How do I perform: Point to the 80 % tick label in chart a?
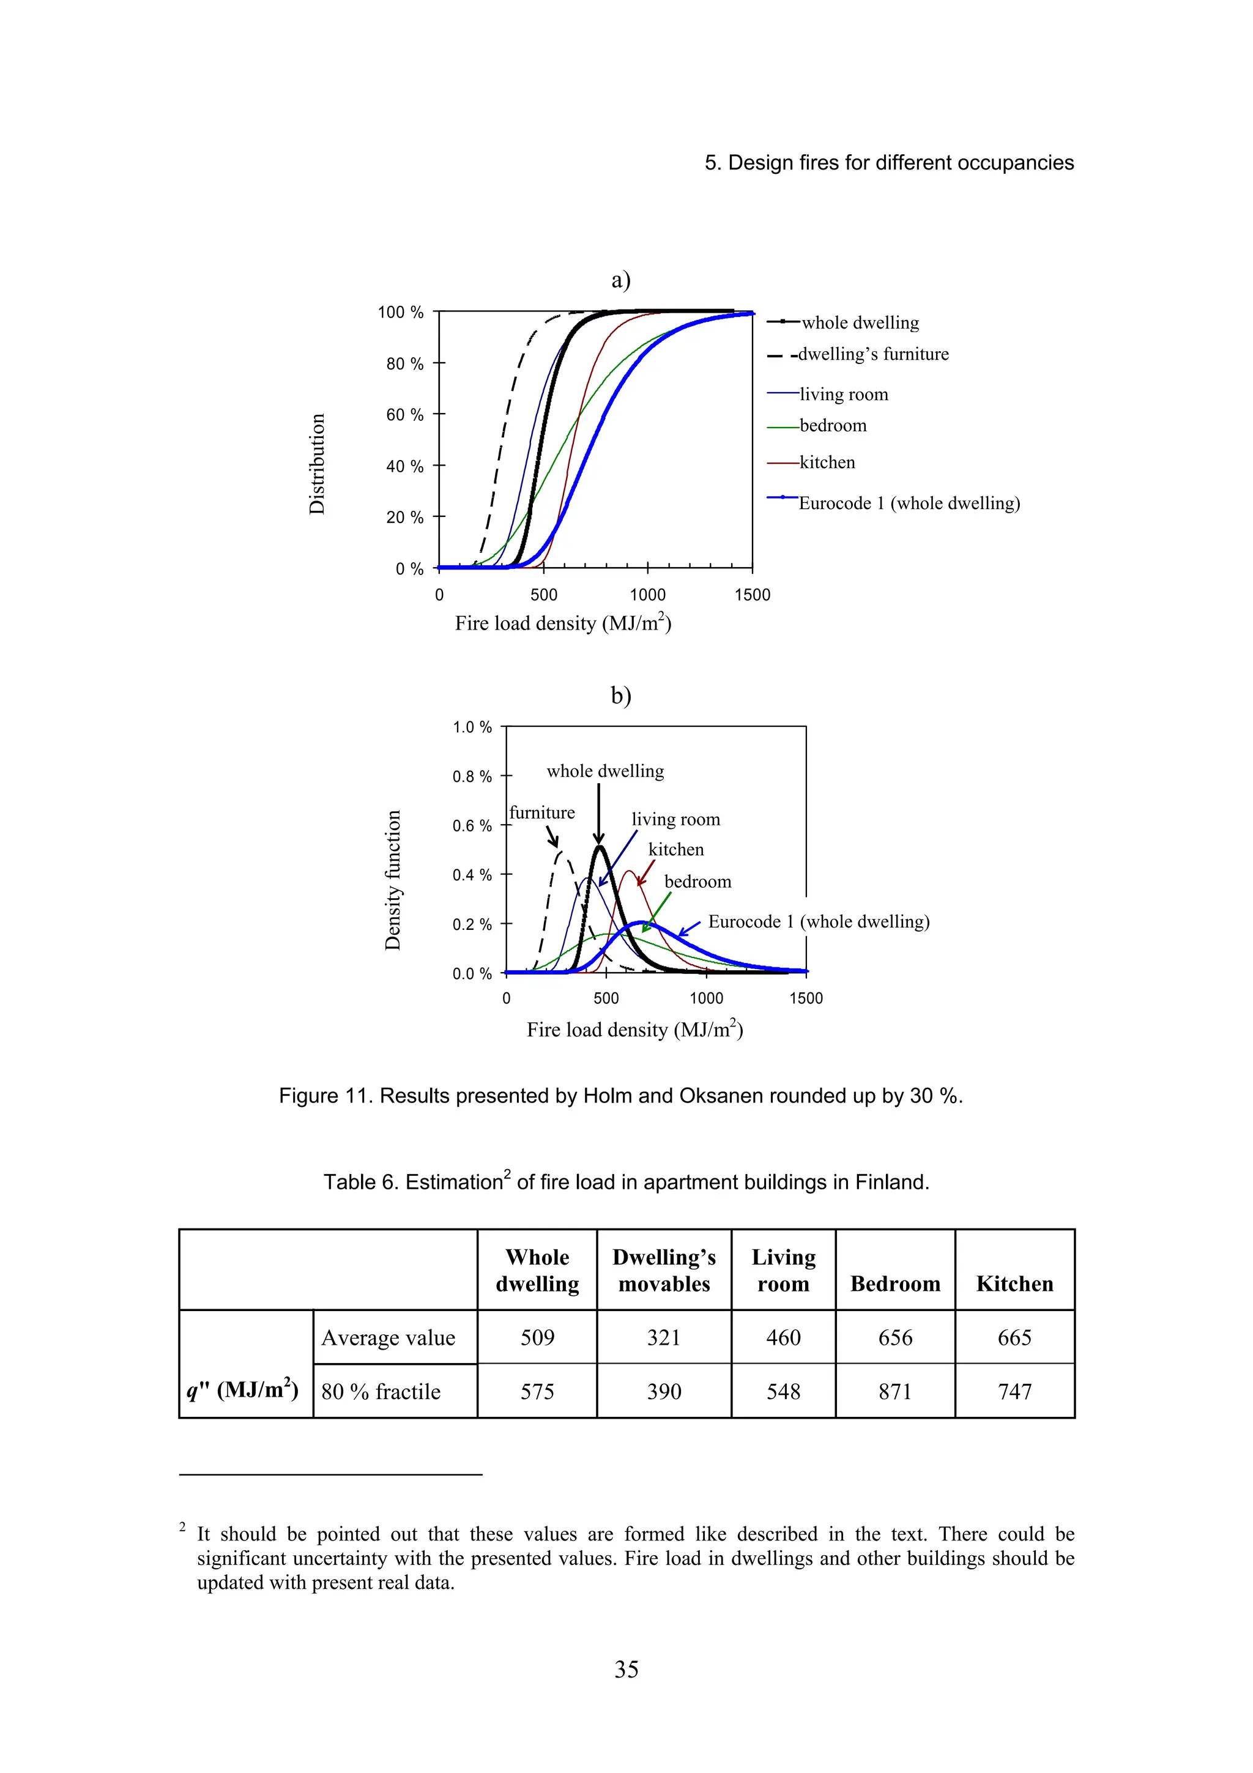404,363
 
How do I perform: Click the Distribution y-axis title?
316,464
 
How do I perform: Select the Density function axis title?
393,880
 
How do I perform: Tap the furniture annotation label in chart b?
542,812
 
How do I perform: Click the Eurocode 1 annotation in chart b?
819,922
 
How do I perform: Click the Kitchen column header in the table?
1014,1284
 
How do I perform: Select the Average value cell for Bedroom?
894,1337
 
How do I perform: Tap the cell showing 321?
663,1337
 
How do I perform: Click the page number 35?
626,1670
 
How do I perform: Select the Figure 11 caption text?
621,1096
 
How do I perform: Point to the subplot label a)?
621,280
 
